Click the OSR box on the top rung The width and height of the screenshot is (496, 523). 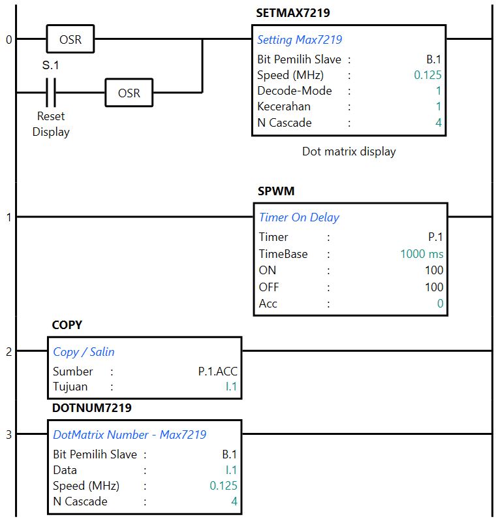click(x=70, y=39)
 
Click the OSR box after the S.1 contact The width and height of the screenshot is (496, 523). click(x=129, y=93)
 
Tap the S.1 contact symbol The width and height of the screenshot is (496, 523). click(x=51, y=93)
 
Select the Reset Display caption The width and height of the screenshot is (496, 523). click(x=51, y=124)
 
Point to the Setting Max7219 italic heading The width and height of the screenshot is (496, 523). click(x=300, y=40)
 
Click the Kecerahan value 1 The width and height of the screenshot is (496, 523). click(x=439, y=106)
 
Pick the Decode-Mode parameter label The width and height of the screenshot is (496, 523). click(x=294, y=91)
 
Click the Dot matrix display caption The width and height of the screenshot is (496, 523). click(x=349, y=151)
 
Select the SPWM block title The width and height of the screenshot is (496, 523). click(x=276, y=191)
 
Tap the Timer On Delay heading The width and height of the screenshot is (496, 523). click(x=299, y=217)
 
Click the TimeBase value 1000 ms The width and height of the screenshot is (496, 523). click(x=422, y=254)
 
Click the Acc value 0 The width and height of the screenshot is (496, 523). click(x=440, y=304)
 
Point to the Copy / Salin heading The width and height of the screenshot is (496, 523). click(x=84, y=352)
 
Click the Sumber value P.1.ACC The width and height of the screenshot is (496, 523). click(x=217, y=372)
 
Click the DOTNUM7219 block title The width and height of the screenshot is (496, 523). click(x=91, y=408)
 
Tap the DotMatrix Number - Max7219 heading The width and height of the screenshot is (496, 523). click(x=129, y=435)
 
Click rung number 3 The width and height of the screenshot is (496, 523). click(x=8, y=435)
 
